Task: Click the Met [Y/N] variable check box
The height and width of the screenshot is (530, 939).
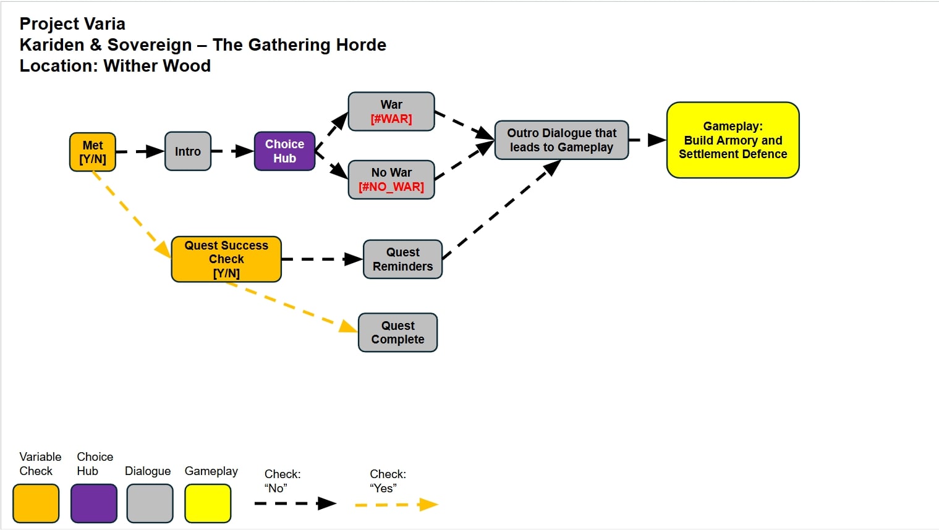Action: click(93, 152)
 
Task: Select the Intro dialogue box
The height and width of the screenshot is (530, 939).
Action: click(188, 151)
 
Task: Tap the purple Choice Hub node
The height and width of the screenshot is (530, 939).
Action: click(284, 151)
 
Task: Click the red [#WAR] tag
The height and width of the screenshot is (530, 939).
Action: click(391, 119)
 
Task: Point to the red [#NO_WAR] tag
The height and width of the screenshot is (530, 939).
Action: click(391, 187)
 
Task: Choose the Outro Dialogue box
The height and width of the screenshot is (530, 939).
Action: click(561, 140)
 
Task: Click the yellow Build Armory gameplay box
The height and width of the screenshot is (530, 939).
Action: click(733, 140)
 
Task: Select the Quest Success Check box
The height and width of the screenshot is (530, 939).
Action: click(226, 259)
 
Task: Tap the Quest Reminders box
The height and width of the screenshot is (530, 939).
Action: click(402, 259)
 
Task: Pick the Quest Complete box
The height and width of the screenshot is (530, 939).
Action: click(397, 332)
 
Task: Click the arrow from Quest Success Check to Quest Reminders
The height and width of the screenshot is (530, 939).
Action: click(322, 259)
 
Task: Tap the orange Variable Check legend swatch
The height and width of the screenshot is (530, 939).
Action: click(36, 503)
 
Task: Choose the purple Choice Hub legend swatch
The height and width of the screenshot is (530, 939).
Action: click(94, 503)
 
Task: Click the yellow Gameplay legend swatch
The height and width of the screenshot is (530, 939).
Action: click(208, 503)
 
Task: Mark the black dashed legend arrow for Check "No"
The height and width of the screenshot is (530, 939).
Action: click(295, 503)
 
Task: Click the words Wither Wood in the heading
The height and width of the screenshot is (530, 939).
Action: click(157, 66)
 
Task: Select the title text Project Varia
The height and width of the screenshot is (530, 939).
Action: click(72, 24)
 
